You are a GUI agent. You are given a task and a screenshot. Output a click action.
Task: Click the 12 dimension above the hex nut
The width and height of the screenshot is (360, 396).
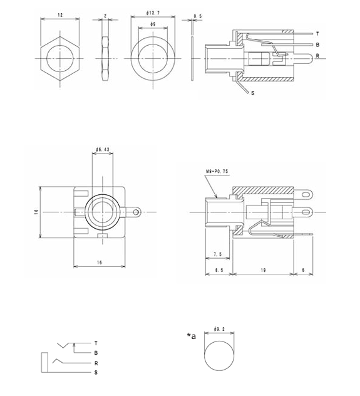(61, 14)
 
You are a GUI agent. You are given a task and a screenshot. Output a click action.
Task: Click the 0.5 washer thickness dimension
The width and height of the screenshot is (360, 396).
(198, 16)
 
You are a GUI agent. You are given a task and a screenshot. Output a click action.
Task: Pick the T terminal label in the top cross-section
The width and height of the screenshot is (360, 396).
(317, 33)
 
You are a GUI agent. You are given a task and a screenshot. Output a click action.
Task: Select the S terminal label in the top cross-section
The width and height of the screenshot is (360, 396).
(252, 93)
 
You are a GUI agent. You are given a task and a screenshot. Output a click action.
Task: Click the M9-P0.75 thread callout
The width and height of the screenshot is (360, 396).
(216, 171)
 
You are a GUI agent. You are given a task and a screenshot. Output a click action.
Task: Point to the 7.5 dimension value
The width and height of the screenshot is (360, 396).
(217, 254)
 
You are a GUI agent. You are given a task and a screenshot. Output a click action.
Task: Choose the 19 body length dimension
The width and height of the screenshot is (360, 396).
(263, 269)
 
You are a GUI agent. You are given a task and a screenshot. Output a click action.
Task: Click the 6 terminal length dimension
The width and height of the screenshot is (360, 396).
(305, 269)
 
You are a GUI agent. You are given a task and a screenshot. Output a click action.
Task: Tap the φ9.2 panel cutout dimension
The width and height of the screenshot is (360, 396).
(219, 328)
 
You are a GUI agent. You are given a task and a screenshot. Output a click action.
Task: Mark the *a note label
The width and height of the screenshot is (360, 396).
(191, 336)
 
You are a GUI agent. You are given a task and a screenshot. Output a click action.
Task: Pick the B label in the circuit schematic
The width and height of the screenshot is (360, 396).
(96, 353)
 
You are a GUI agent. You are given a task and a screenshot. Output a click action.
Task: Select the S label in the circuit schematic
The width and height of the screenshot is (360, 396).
(96, 373)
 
